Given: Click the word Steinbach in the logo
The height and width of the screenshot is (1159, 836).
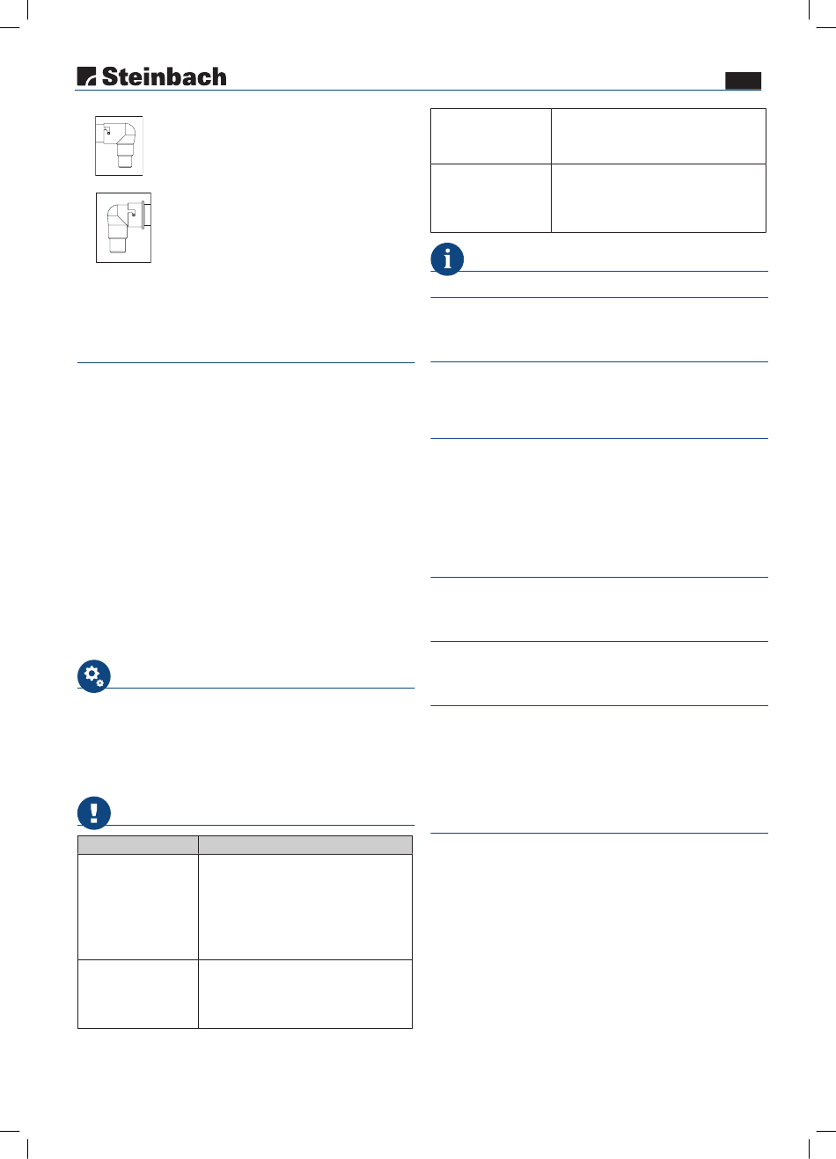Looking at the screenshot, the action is pyautogui.click(x=164, y=77).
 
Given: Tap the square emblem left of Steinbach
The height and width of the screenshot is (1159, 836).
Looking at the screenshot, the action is pyautogui.click(x=86, y=76).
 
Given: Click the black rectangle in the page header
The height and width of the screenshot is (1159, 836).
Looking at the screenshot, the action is pyautogui.click(x=743, y=81).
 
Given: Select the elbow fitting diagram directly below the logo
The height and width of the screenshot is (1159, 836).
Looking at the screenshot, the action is pyautogui.click(x=119, y=146).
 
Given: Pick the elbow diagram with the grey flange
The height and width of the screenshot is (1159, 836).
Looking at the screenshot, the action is pyautogui.click(x=124, y=228).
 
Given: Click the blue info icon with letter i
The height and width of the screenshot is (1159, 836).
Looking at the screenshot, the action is pyautogui.click(x=447, y=259).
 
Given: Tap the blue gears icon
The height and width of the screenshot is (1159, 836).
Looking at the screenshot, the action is pyautogui.click(x=93, y=676).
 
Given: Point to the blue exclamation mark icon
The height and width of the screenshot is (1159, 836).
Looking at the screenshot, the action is pyautogui.click(x=93, y=813).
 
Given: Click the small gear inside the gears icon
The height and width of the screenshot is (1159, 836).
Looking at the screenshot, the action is pyautogui.click(x=100, y=683).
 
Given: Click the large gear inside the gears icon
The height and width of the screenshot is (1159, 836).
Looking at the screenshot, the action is pyautogui.click(x=92, y=673).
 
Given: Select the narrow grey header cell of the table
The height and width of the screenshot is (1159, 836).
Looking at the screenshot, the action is pyautogui.click(x=138, y=845).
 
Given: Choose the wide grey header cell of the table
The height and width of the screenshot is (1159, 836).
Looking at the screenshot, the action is pyautogui.click(x=305, y=845).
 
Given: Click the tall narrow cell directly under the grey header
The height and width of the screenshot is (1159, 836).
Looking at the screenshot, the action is pyautogui.click(x=138, y=907).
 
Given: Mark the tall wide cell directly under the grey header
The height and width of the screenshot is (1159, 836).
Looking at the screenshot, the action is pyautogui.click(x=305, y=907).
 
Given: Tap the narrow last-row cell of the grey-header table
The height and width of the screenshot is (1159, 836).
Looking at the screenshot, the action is pyautogui.click(x=138, y=994).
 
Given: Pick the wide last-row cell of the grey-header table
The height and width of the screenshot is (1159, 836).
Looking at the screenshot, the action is pyautogui.click(x=305, y=994).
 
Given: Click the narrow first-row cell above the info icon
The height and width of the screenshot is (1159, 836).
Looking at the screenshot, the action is pyautogui.click(x=491, y=136).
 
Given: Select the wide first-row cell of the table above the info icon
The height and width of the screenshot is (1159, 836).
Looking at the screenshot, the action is pyautogui.click(x=658, y=136).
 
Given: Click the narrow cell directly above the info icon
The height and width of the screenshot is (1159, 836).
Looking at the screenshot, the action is pyautogui.click(x=491, y=198).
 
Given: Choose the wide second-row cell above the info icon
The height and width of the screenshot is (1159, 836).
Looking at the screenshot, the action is pyautogui.click(x=658, y=198).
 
